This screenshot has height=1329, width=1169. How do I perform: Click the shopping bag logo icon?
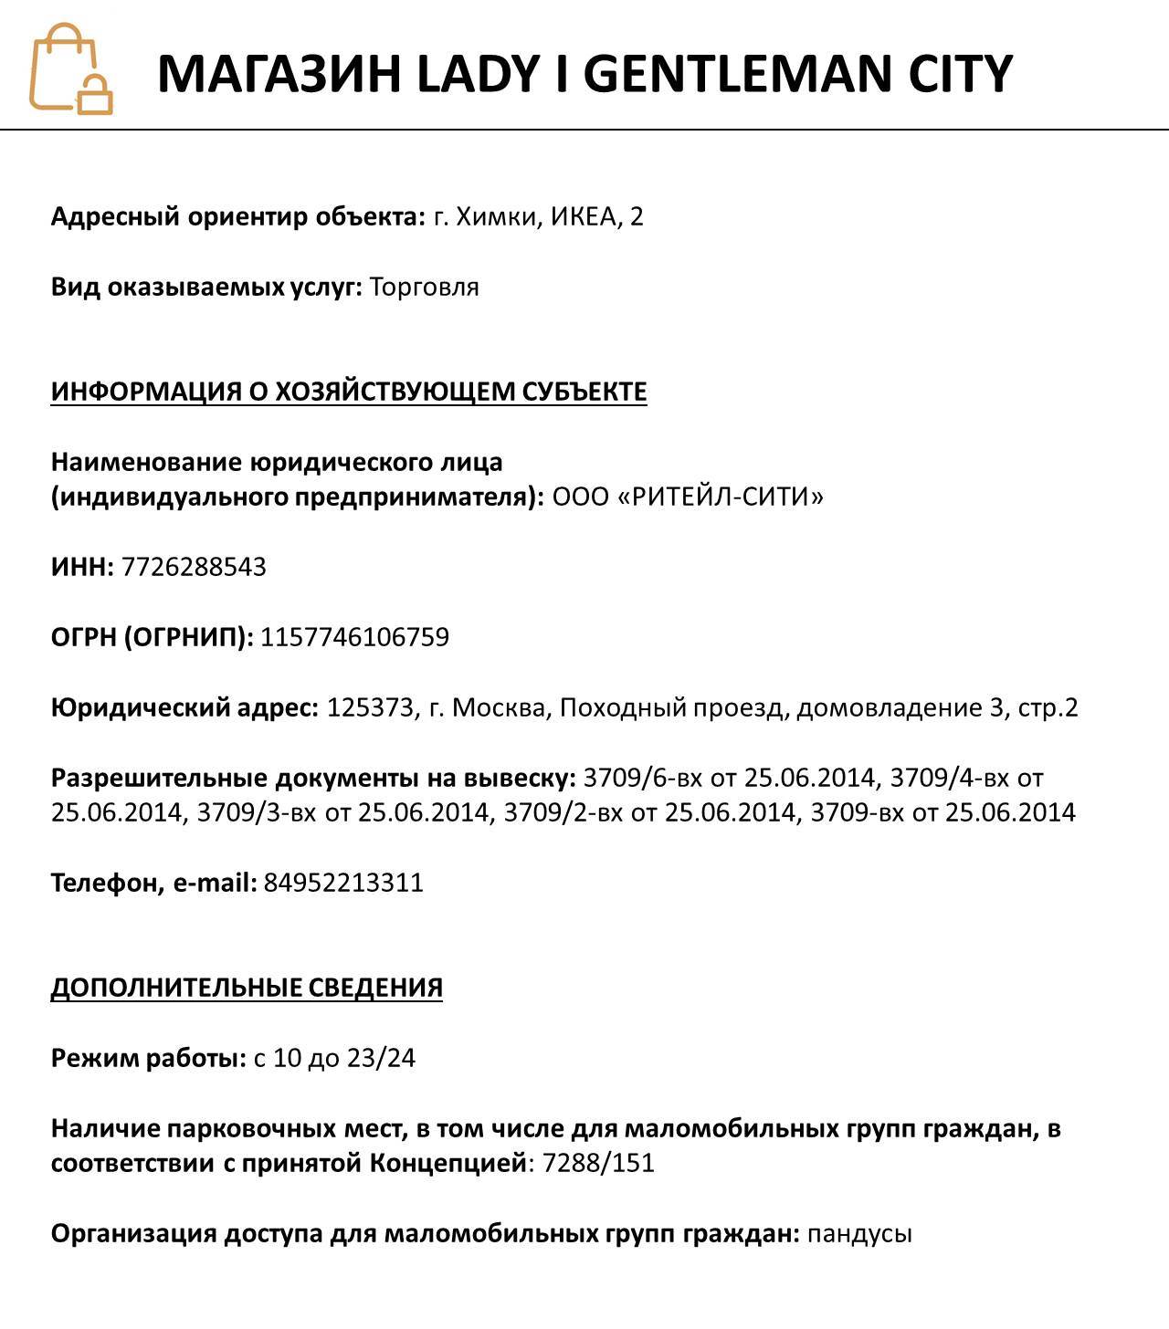[x=70, y=69]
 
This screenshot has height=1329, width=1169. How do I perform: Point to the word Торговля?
[x=424, y=288]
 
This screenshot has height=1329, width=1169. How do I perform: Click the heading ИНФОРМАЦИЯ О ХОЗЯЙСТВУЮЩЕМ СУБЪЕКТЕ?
[x=349, y=392]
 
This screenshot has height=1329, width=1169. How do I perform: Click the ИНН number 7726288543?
[x=194, y=567]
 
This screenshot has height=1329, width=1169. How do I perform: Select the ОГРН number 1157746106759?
[x=354, y=637]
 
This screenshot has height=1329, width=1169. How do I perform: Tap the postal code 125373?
[x=370, y=707]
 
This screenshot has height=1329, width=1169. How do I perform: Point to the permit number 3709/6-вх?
[x=642, y=778]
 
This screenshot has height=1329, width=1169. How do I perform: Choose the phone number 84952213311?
[x=343, y=883]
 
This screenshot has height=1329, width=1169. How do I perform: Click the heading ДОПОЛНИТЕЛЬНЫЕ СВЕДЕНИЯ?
[x=247, y=988]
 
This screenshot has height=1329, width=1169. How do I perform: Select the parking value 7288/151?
[x=598, y=1164]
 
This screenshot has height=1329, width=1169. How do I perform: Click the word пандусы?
[x=859, y=1234]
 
